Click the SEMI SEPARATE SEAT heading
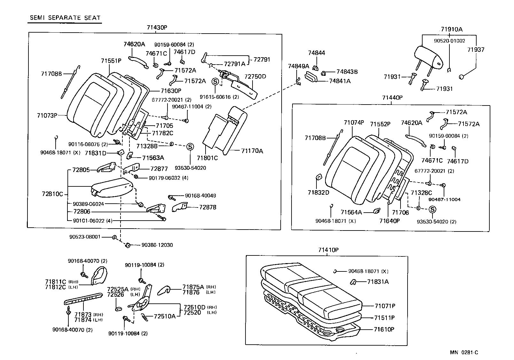coord(65,18)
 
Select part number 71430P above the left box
coord(157,27)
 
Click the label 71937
coord(476,50)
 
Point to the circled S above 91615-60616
coord(215,82)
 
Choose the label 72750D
coord(255,77)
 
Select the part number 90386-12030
coord(157,245)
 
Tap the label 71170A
coord(252,151)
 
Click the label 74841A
coord(340,81)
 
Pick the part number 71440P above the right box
coord(392,98)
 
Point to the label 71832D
coord(318,192)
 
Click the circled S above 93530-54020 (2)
coord(432,209)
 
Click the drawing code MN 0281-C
coord(464,353)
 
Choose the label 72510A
coord(165,316)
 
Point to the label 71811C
coord(55,282)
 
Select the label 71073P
coord(47,115)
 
